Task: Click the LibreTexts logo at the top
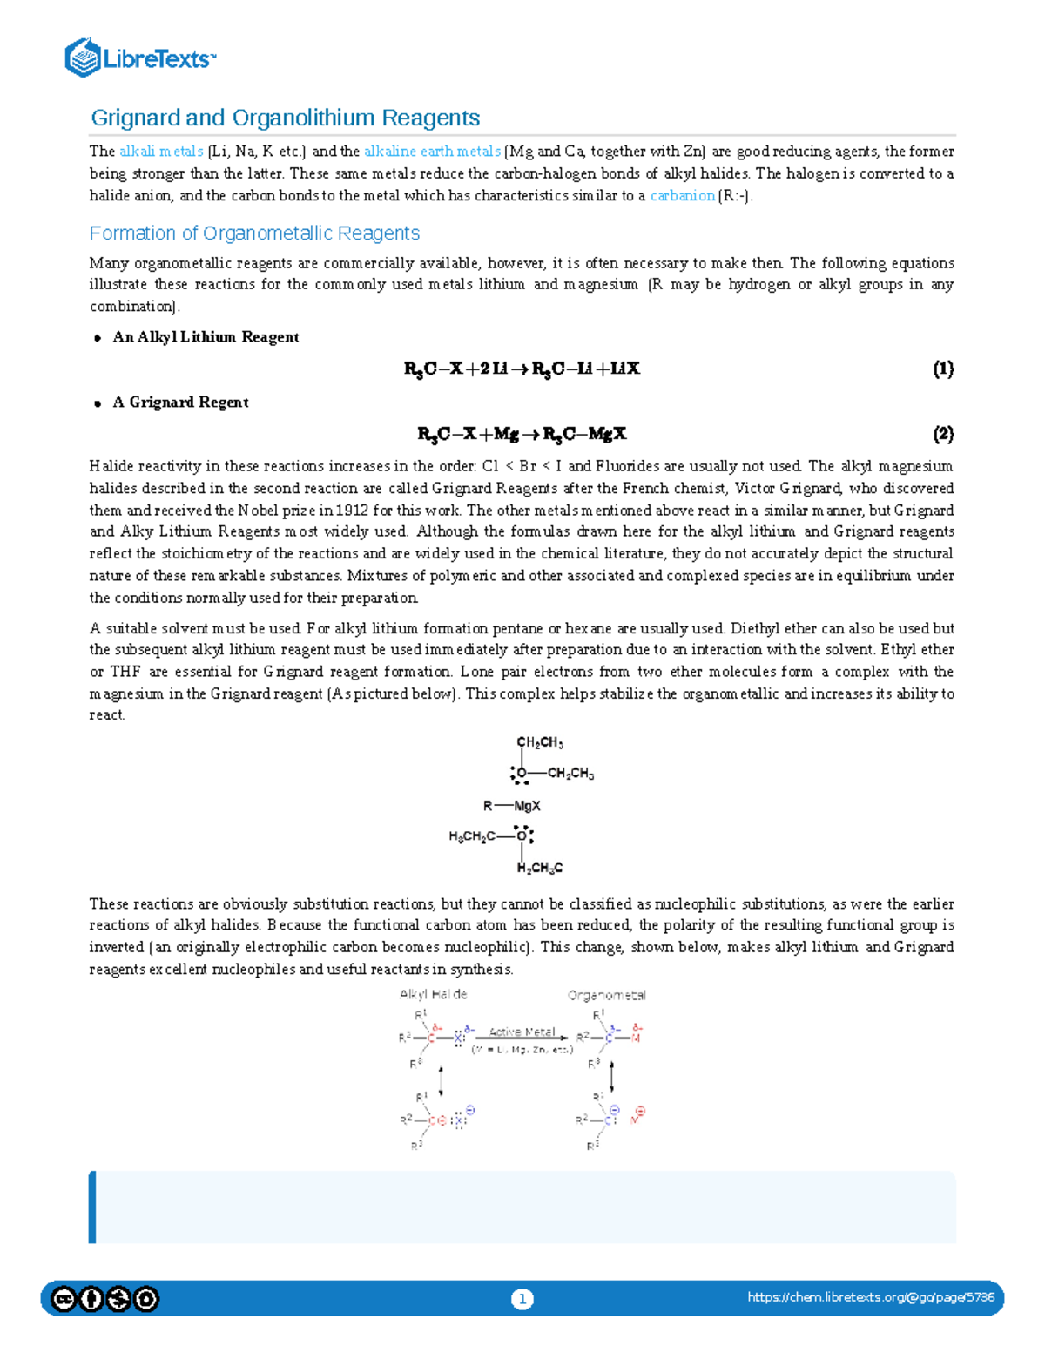pyautogui.click(x=139, y=58)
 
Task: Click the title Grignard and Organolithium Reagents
pyautogui.click(x=285, y=118)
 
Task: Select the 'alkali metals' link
pyautogui.click(x=161, y=152)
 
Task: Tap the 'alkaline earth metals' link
pyautogui.click(x=432, y=152)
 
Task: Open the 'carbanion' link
pyautogui.click(x=682, y=196)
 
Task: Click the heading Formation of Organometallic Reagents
pyautogui.click(x=254, y=233)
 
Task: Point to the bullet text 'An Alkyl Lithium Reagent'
pyautogui.click(x=206, y=337)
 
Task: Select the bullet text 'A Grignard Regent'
pyautogui.click(x=180, y=403)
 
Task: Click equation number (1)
pyautogui.click(x=943, y=369)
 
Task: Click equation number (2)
pyautogui.click(x=943, y=434)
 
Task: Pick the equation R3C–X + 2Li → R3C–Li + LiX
pyautogui.click(x=522, y=369)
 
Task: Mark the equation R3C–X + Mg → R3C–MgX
pyautogui.click(x=522, y=434)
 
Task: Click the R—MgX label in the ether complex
pyautogui.click(x=512, y=806)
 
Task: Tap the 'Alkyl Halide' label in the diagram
pyautogui.click(x=433, y=994)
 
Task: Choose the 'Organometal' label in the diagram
pyautogui.click(x=606, y=995)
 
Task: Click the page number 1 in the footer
pyautogui.click(x=522, y=1299)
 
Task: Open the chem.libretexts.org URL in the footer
pyautogui.click(x=870, y=1298)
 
